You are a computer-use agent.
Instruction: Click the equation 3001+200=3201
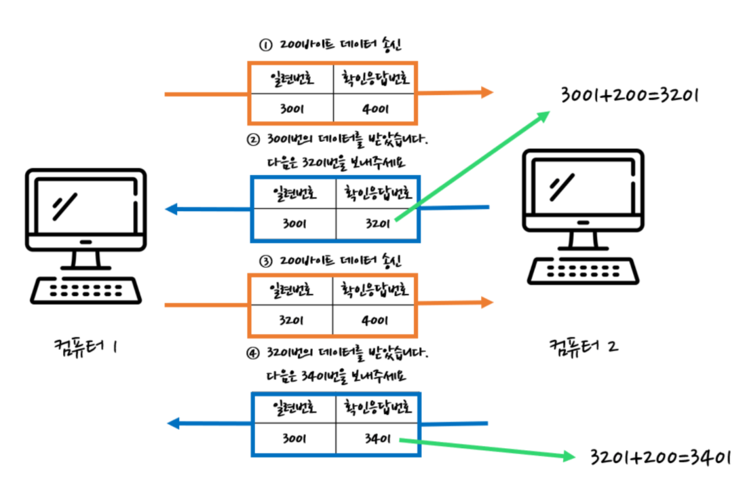coord(628,94)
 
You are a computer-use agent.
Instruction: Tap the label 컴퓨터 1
coord(87,346)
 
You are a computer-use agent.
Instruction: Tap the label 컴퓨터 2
coord(584,346)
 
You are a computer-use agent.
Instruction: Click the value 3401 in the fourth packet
coord(377,439)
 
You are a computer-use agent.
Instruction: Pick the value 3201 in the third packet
coord(294,320)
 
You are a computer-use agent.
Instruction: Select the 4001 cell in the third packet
coord(375,320)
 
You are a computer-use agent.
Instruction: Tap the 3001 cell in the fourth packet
coord(294,439)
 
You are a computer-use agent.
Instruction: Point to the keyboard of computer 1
coord(86,290)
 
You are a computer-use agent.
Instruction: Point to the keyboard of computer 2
coord(582,270)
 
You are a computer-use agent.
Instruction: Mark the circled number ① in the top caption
coord(265,45)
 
